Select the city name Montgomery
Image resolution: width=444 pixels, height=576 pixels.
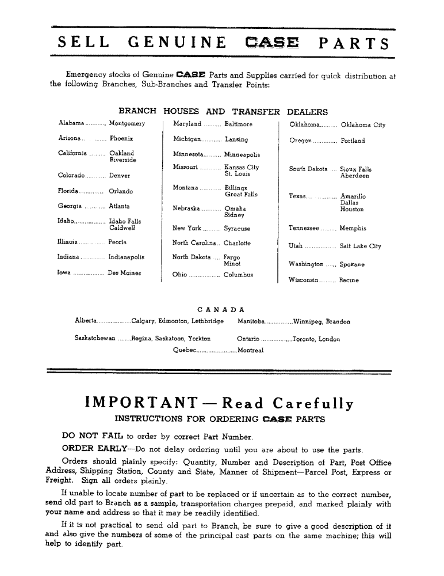point(127,124)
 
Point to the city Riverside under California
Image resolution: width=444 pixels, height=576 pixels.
point(123,160)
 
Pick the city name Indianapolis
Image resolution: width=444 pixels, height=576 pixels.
point(126,257)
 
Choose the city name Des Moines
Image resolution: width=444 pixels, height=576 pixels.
point(124,273)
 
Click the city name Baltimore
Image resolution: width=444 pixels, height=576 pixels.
point(238,124)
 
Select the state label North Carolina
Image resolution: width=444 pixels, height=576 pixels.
point(196,243)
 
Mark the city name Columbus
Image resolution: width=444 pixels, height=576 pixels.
point(238,275)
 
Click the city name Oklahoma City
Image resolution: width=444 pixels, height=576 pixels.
point(363,124)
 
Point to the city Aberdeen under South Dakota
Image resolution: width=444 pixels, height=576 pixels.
point(355,176)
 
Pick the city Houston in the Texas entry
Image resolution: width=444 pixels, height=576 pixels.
point(352,210)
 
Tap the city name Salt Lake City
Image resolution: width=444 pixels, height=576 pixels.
point(360,247)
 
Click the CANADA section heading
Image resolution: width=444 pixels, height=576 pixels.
point(221,309)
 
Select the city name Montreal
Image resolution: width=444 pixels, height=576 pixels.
point(250,350)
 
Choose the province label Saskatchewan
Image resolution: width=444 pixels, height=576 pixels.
point(95,339)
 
